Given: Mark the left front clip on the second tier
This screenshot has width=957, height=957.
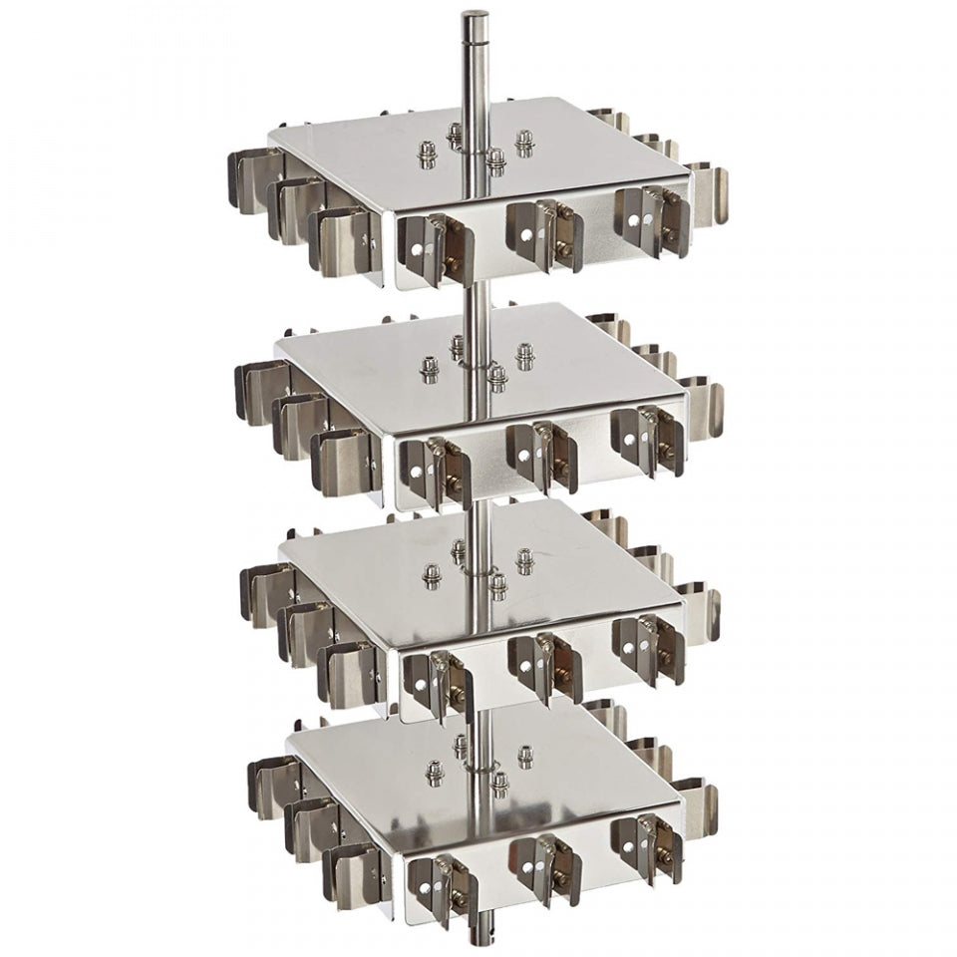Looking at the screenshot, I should tap(431, 469).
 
